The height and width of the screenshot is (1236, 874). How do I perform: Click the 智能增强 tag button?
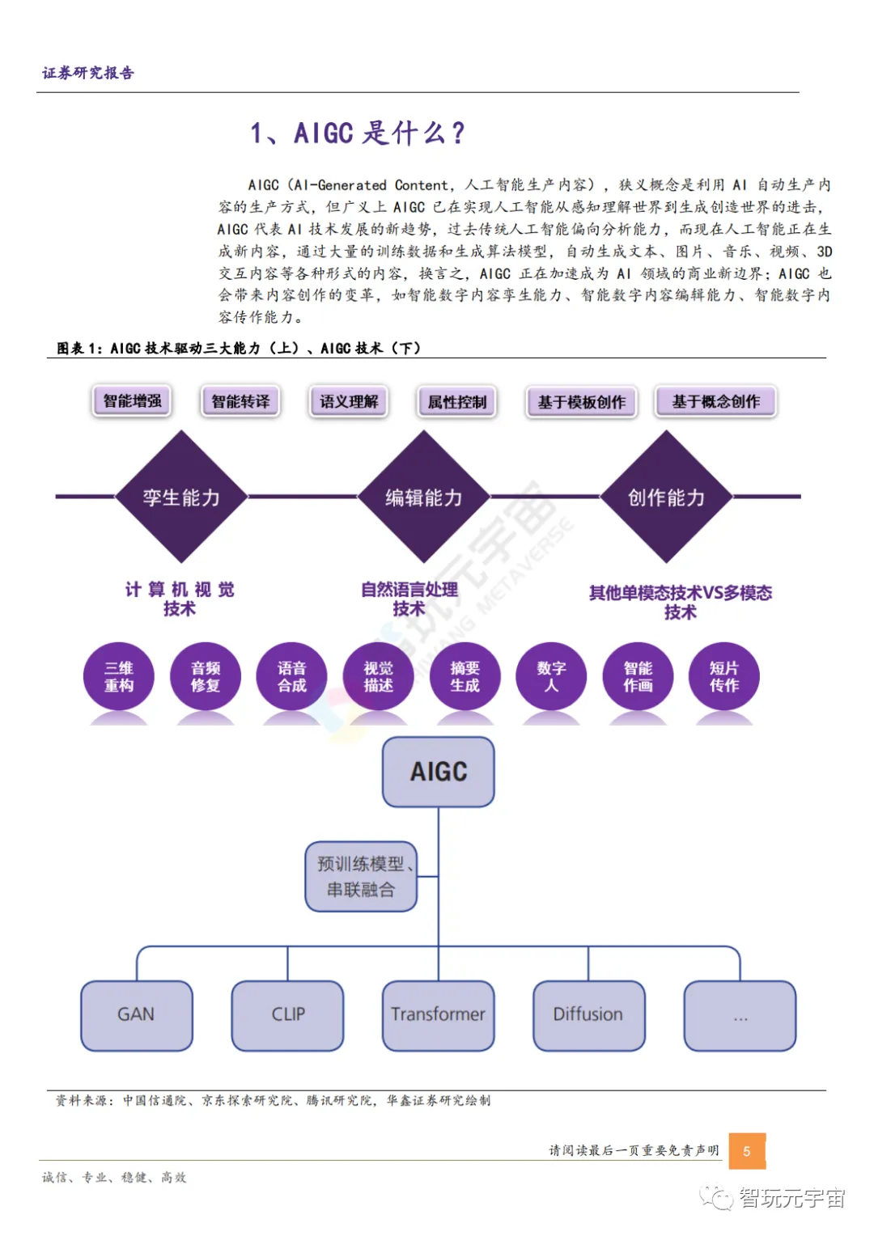click(132, 401)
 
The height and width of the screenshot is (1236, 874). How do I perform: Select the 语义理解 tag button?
click(349, 401)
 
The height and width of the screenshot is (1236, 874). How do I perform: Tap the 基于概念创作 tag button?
click(715, 402)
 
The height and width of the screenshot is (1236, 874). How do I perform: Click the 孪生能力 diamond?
click(181, 497)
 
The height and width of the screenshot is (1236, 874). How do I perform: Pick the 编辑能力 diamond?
click(423, 497)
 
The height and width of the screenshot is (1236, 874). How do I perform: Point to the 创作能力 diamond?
click(666, 497)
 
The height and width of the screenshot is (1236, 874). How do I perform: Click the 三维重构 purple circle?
click(119, 676)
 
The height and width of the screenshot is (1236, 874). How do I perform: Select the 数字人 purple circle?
click(551, 676)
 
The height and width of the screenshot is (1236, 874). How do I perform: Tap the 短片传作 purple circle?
click(723, 676)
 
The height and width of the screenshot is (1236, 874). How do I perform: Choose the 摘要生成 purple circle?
click(465, 676)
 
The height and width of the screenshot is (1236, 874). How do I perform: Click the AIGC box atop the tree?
click(438, 772)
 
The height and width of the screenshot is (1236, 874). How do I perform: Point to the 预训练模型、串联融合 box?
click(361, 877)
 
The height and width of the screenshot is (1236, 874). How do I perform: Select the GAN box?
click(136, 1015)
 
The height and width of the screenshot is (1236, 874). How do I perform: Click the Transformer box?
click(438, 1015)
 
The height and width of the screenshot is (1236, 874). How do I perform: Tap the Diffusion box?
click(588, 1015)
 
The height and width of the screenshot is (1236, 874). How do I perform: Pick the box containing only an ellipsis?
click(740, 1015)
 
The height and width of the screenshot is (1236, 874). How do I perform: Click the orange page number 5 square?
click(746, 1151)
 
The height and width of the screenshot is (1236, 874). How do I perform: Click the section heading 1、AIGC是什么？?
click(358, 133)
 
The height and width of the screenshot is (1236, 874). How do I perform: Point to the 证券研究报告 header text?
click(88, 73)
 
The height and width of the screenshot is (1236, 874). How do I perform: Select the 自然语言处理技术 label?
click(409, 599)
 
